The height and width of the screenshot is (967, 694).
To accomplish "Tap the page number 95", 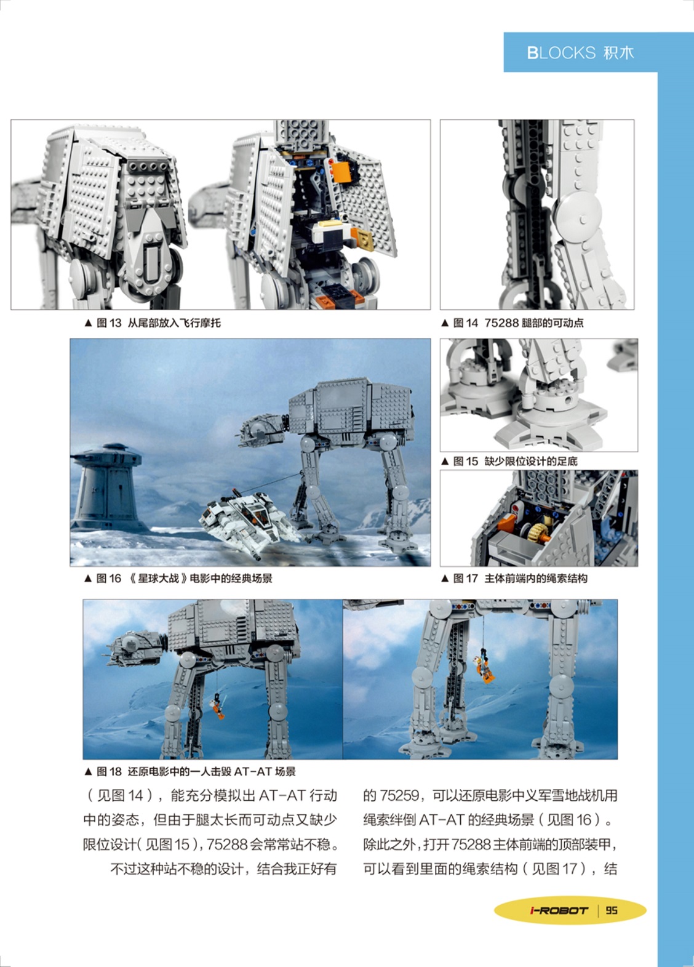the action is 612,910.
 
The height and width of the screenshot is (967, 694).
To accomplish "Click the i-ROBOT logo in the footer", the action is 559,910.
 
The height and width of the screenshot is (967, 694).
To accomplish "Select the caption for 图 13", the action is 153,323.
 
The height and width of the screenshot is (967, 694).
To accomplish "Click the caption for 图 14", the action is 513,323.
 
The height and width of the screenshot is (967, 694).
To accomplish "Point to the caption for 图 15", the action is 509,461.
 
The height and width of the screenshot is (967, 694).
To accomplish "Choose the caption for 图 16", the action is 178,578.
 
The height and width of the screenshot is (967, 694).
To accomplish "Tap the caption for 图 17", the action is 514,578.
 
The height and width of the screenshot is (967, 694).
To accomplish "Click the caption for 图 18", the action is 190,771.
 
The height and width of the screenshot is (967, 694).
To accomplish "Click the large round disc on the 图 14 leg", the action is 579,215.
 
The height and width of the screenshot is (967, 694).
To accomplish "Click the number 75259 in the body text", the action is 399,795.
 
